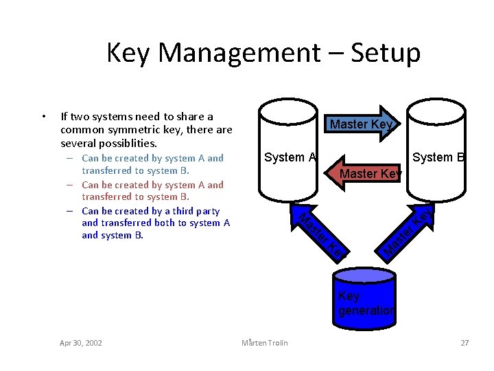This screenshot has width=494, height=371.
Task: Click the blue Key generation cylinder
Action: [x=364, y=295]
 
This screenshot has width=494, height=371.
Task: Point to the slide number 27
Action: [x=464, y=343]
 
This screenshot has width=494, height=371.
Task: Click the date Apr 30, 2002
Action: [x=81, y=343]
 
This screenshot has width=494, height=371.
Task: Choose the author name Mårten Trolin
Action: [x=265, y=343]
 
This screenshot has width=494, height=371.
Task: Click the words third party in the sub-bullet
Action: [x=196, y=211]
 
